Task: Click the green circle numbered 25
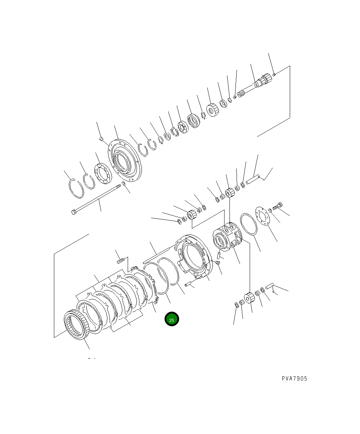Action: click(x=172, y=319)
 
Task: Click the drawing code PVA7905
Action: click(x=294, y=379)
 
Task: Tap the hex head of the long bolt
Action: click(x=73, y=212)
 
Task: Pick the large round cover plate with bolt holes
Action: click(x=125, y=160)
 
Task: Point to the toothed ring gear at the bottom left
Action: click(x=77, y=325)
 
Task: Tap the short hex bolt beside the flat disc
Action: click(x=277, y=206)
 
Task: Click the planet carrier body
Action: click(x=227, y=237)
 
